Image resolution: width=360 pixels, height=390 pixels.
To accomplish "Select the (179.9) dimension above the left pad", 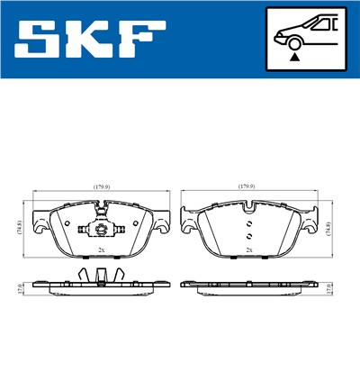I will pyautogui.click(x=102, y=186).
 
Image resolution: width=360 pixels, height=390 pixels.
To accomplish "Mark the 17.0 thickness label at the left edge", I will pyautogui.click(x=21, y=288).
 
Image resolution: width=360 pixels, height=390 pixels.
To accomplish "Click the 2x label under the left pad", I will pyautogui.click(x=101, y=249).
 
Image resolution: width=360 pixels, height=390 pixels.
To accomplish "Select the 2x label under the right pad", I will pyautogui.click(x=248, y=249).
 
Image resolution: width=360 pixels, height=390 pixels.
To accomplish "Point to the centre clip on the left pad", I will pyautogui.click(x=101, y=225).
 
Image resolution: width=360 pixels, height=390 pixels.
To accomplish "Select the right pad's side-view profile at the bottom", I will pyautogui.click(x=248, y=285).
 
